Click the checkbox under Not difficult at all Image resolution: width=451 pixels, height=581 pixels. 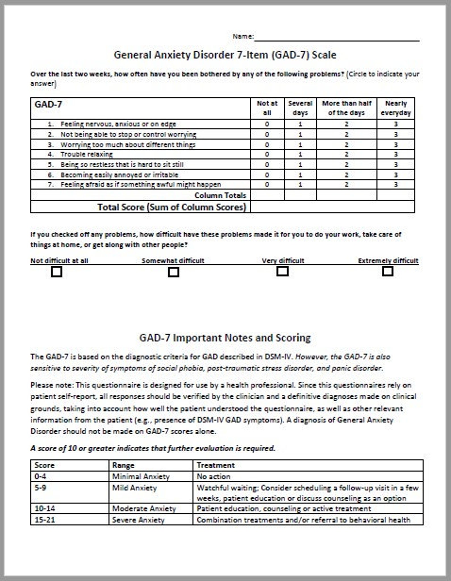(x=57, y=272)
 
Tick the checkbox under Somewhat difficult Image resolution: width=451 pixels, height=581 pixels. (x=174, y=272)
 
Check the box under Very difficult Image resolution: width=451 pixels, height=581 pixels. (x=282, y=271)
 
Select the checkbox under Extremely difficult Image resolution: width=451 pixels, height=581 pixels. (x=388, y=271)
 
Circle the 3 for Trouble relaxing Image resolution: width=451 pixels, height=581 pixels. (x=396, y=154)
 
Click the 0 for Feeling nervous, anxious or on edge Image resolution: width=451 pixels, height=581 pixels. (x=267, y=124)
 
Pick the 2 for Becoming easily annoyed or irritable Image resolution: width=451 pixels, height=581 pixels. (x=346, y=175)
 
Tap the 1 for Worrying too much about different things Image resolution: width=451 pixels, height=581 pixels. (x=300, y=145)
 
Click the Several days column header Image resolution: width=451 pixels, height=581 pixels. (x=300, y=108)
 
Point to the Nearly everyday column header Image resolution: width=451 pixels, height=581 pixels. (x=396, y=108)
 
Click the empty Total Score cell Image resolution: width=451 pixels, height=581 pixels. (x=332, y=207)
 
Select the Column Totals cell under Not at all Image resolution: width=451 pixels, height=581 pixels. (x=267, y=195)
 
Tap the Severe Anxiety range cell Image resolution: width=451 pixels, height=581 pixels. (x=138, y=520)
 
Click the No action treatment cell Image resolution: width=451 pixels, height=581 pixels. (x=214, y=476)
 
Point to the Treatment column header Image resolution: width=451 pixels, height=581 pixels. (x=216, y=465)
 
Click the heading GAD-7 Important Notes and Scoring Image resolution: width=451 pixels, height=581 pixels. (x=225, y=338)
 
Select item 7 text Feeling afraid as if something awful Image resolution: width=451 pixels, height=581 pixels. (x=141, y=184)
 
